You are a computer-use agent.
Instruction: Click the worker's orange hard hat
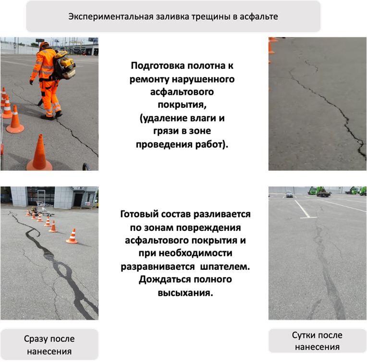(x=45, y=45)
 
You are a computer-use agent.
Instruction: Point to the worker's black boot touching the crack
(x=59, y=114)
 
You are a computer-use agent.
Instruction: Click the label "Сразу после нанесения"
(x=49, y=345)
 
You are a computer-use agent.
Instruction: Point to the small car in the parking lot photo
(x=289, y=194)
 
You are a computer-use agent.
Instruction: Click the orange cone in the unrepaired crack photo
(x=271, y=47)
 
